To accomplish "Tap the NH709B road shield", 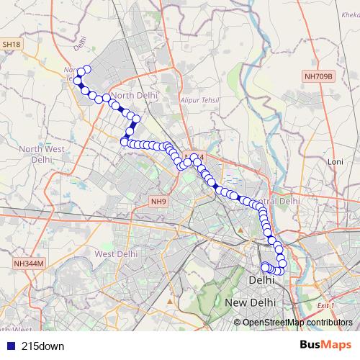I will [319, 74].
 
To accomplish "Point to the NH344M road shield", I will [29, 264].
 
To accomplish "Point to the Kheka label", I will [348, 13].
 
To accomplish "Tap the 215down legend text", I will [42, 346].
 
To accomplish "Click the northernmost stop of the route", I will [87, 69].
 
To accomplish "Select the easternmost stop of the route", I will [282, 263].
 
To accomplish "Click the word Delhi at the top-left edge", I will [79, 49].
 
